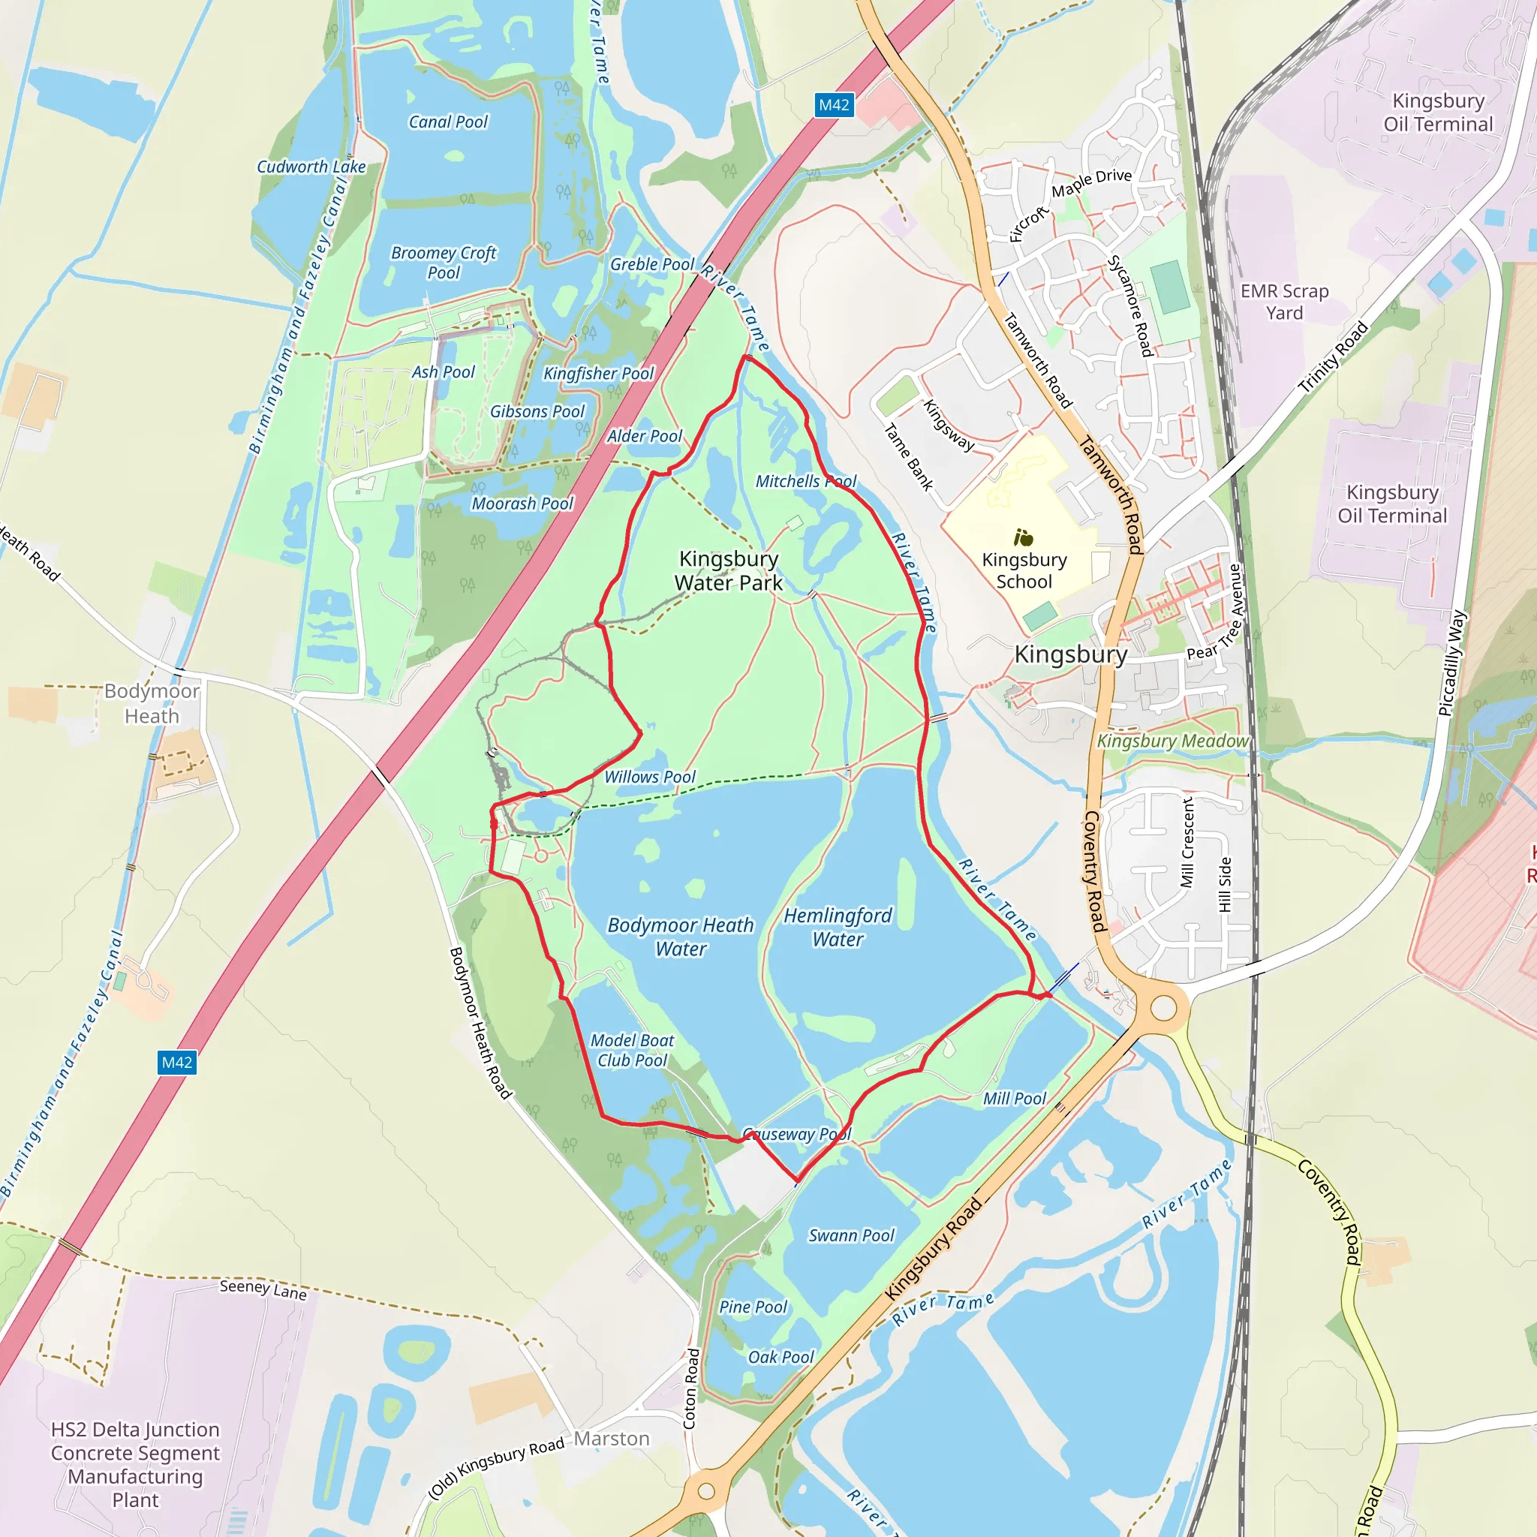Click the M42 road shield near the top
click(x=834, y=105)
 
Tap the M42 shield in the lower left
click(x=176, y=1062)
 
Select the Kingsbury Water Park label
click(x=728, y=570)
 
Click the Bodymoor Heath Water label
click(x=680, y=937)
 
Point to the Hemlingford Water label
click(x=838, y=927)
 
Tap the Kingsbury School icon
click(x=1023, y=538)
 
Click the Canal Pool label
click(x=448, y=122)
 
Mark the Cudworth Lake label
click(x=311, y=167)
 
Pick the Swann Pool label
click(x=851, y=1235)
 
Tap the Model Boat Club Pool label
click(x=632, y=1050)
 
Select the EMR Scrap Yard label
click(x=1284, y=302)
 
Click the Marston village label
click(x=612, y=1439)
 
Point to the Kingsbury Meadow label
click(x=1173, y=741)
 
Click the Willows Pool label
click(x=649, y=777)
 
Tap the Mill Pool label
click(x=1015, y=1099)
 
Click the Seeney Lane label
click(x=263, y=1289)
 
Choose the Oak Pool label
click(x=781, y=1357)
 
